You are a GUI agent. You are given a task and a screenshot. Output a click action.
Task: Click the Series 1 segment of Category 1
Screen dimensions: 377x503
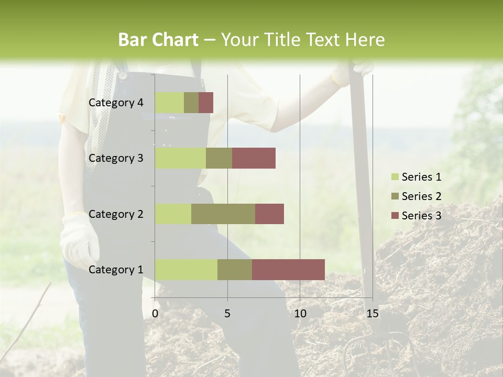[186, 270]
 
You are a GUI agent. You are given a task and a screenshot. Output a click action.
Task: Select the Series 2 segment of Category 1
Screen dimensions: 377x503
[235, 270]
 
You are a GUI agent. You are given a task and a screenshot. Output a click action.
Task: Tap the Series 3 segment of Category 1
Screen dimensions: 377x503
[288, 270]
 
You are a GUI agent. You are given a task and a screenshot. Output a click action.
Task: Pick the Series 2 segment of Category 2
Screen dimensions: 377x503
[223, 214]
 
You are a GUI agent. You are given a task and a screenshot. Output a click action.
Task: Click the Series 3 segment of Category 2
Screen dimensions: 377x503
[269, 214]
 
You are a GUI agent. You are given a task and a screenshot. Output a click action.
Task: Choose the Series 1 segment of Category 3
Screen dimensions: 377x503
[180, 158]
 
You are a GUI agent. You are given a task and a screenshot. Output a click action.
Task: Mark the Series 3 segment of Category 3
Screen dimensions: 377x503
[254, 158]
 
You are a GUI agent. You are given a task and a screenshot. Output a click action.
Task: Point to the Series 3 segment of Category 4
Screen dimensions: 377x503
[206, 103]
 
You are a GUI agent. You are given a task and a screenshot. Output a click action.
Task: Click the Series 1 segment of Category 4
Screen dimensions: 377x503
[169, 103]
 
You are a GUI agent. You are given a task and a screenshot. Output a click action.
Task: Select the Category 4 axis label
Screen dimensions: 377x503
[116, 103]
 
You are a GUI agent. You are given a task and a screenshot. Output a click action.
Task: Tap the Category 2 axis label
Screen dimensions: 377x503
[116, 214]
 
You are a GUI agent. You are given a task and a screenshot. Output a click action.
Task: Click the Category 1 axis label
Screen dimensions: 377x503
[116, 270]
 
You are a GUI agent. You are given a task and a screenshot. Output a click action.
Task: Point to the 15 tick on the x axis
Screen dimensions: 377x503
[372, 314]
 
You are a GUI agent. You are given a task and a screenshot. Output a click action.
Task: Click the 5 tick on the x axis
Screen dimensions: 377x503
[227, 314]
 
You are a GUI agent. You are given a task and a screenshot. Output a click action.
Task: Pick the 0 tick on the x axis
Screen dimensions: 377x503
[155, 314]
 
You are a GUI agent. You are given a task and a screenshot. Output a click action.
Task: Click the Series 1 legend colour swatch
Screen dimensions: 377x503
[395, 177]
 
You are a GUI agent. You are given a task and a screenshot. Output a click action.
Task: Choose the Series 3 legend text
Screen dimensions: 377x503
[421, 216]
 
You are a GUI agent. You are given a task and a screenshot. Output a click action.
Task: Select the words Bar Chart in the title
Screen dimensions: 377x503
[158, 40]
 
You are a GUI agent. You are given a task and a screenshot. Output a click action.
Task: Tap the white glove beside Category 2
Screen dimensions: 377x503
[80, 238]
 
